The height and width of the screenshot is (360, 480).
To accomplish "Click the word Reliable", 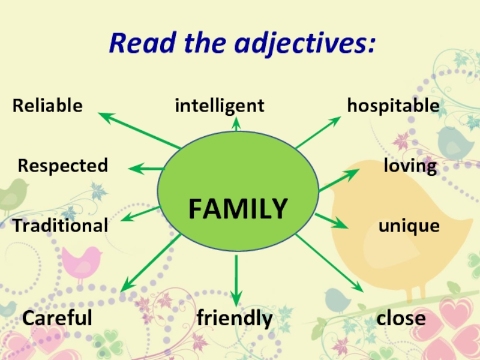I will pyautogui.click(x=47, y=106).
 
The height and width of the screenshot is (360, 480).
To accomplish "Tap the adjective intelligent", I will pyautogui.click(x=220, y=106).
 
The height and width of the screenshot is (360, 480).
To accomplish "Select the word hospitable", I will pyautogui.click(x=393, y=106).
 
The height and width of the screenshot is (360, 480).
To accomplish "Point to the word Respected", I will pyautogui.click(x=63, y=165).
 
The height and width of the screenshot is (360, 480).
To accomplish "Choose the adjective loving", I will pyautogui.click(x=410, y=166).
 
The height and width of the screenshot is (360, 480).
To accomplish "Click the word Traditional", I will pyautogui.click(x=61, y=226).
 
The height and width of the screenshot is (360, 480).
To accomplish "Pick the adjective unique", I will pyautogui.click(x=409, y=226).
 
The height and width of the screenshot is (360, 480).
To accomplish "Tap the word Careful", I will pyautogui.click(x=57, y=318).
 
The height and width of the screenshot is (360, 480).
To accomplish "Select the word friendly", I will pyautogui.click(x=235, y=318).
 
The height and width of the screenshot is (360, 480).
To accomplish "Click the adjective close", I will pyautogui.click(x=401, y=318).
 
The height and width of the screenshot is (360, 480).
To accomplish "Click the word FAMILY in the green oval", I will pyautogui.click(x=238, y=209).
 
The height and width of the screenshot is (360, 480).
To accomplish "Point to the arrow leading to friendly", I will pyautogui.click(x=236, y=279).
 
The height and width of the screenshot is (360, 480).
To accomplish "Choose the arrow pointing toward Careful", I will pyautogui.click(x=150, y=263).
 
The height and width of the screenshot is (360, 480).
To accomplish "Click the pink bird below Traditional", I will pyautogui.click(x=82, y=264).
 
